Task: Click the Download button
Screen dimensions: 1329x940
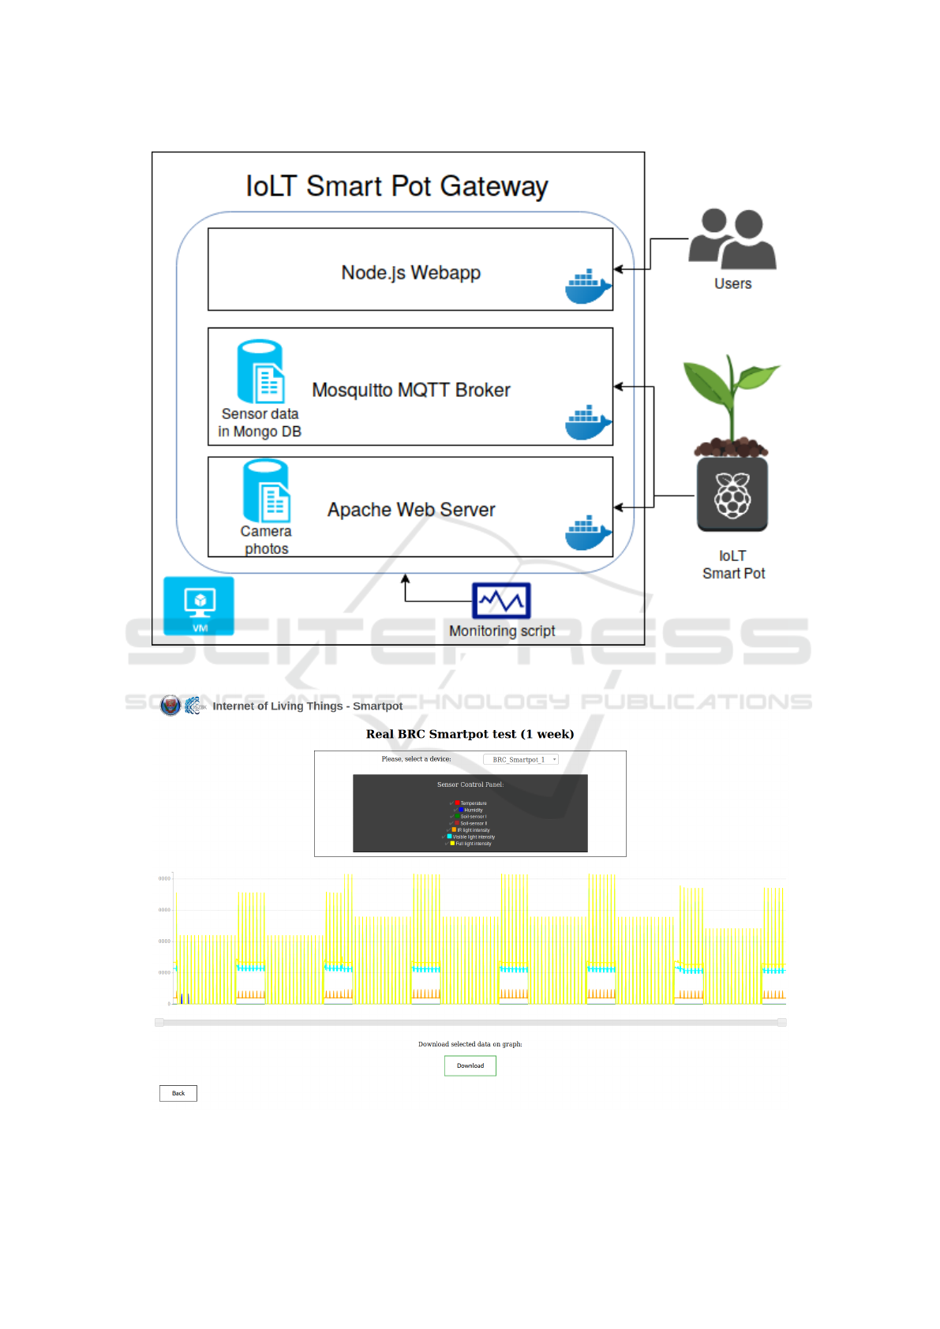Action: click(x=470, y=1065)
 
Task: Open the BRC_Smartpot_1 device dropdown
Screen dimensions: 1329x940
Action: click(x=520, y=759)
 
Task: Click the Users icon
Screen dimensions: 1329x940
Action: click(x=732, y=238)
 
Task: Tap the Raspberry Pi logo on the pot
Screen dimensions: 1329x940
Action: click(x=732, y=495)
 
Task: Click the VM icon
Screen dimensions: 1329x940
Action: click(x=199, y=605)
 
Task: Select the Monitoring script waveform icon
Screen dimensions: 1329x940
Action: click(x=501, y=601)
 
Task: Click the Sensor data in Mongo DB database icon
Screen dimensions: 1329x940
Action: click(x=260, y=372)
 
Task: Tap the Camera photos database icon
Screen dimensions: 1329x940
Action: click(x=266, y=491)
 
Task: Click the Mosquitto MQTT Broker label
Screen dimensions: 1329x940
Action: click(x=411, y=390)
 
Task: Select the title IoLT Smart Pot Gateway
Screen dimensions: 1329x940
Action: click(x=397, y=186)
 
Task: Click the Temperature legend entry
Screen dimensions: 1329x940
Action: click(x=472, y=803)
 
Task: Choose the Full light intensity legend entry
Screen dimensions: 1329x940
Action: click(x=472, y=844)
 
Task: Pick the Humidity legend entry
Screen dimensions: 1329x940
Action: click(x=472, y=810)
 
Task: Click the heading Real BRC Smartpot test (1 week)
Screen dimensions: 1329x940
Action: click(x=470, y=734)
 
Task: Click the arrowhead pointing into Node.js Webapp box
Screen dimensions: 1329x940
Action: click(x=619, y=269)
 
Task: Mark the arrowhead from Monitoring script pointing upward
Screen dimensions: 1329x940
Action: click(x=406, y=578)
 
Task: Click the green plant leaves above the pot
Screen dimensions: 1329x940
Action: click(x=732, y=387)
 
